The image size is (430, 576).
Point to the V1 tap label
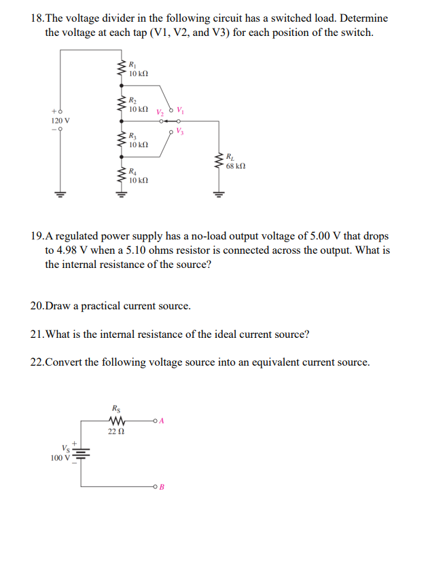pos(180,111)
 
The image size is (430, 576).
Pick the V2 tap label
pos(159,112)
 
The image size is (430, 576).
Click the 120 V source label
pos(60,120)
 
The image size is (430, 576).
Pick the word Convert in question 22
pos(65,362)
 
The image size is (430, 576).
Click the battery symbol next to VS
pos(82,453)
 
